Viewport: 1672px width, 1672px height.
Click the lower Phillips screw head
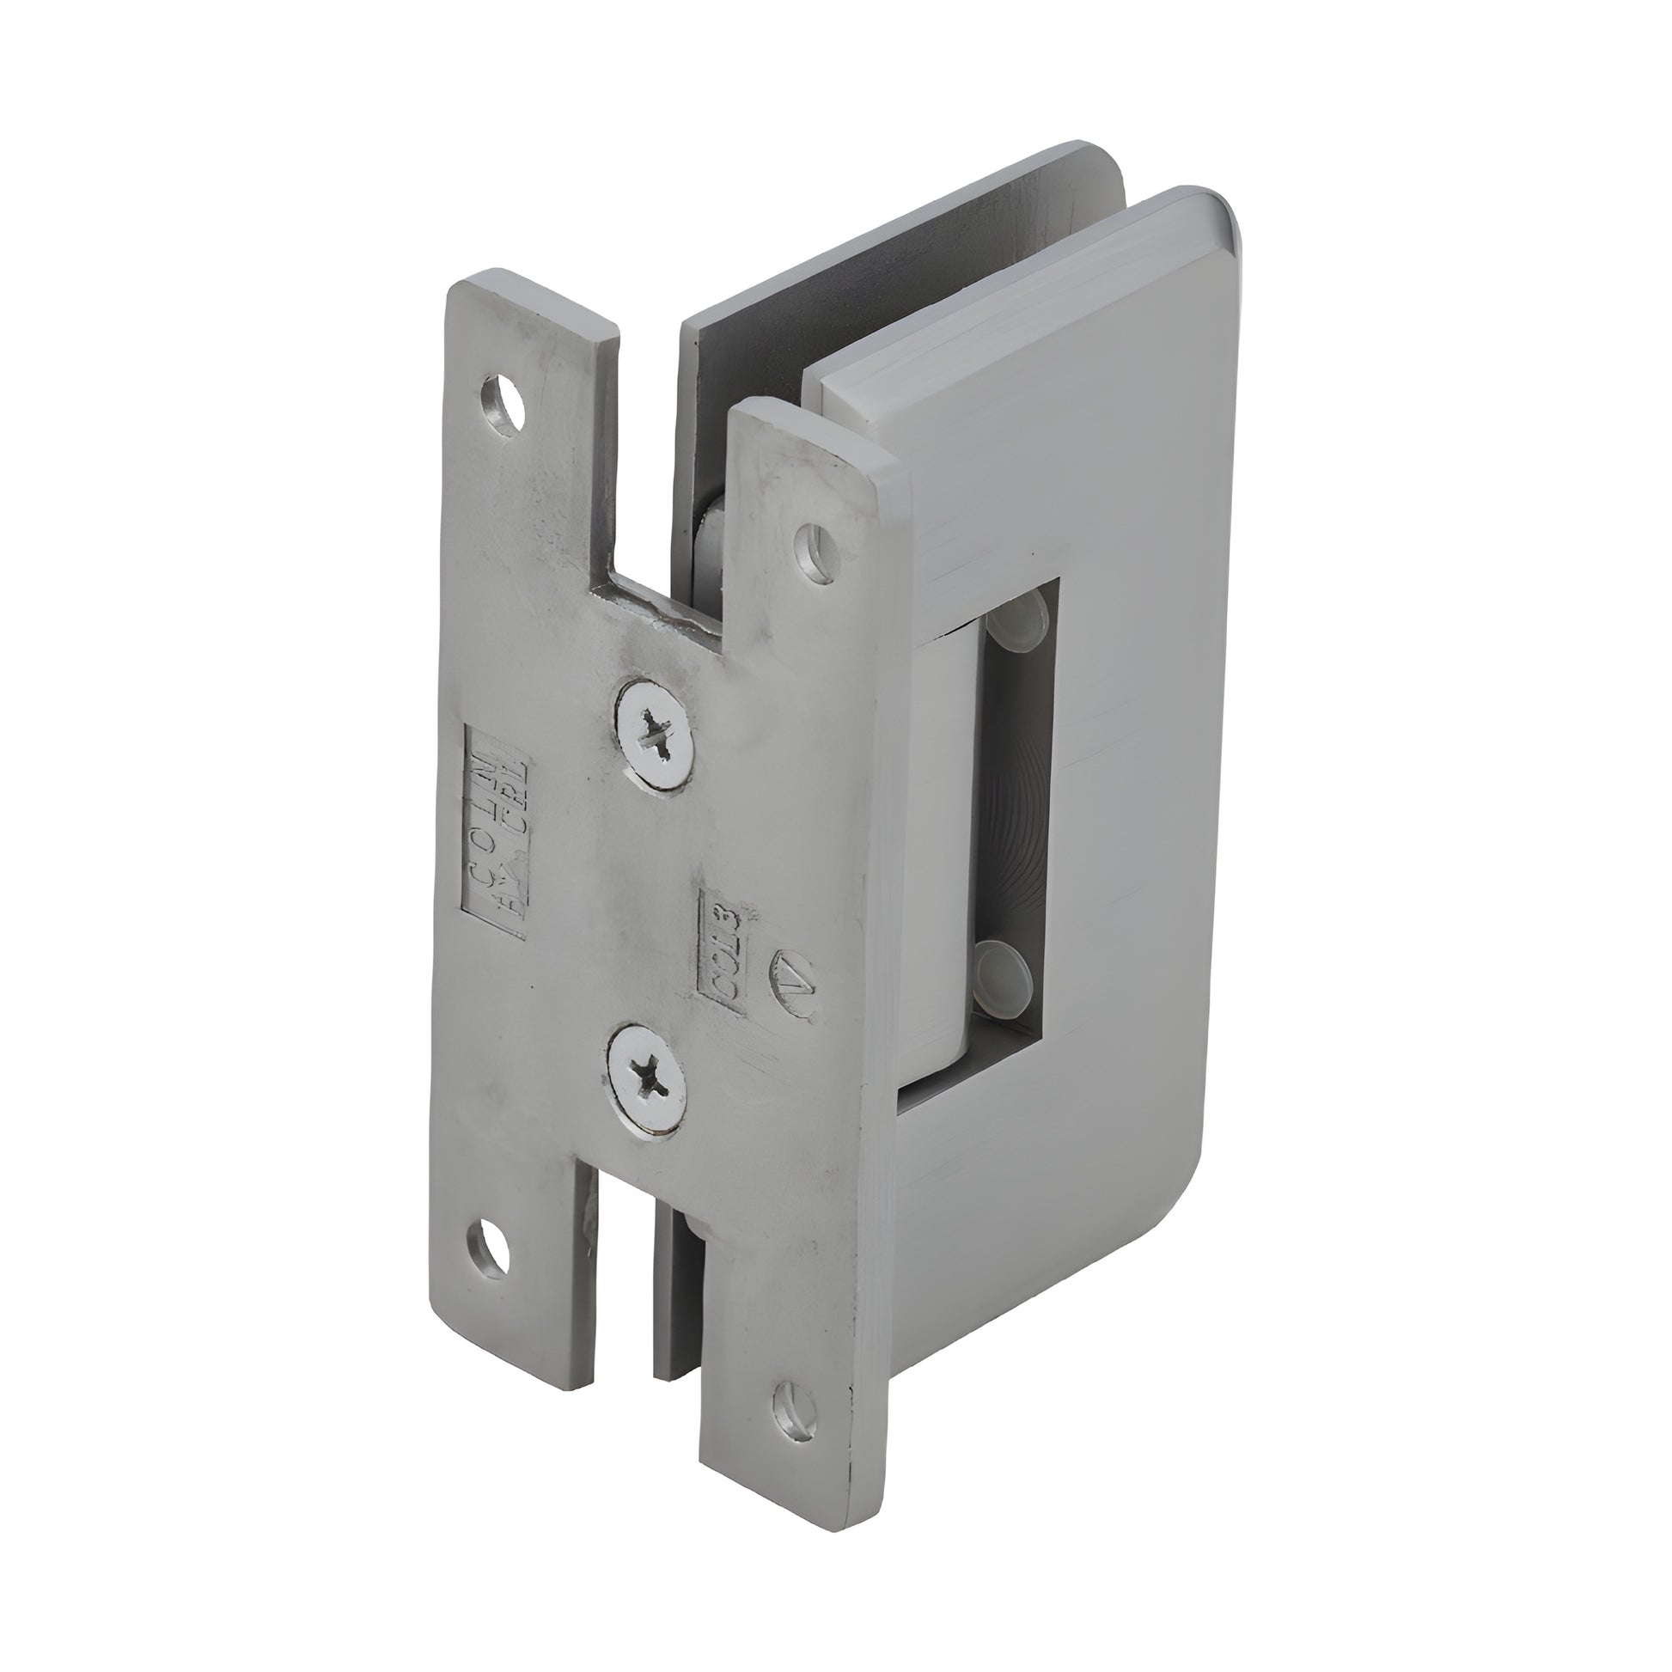(648, 1076)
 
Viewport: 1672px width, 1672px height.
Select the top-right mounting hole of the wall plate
(816, 552)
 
